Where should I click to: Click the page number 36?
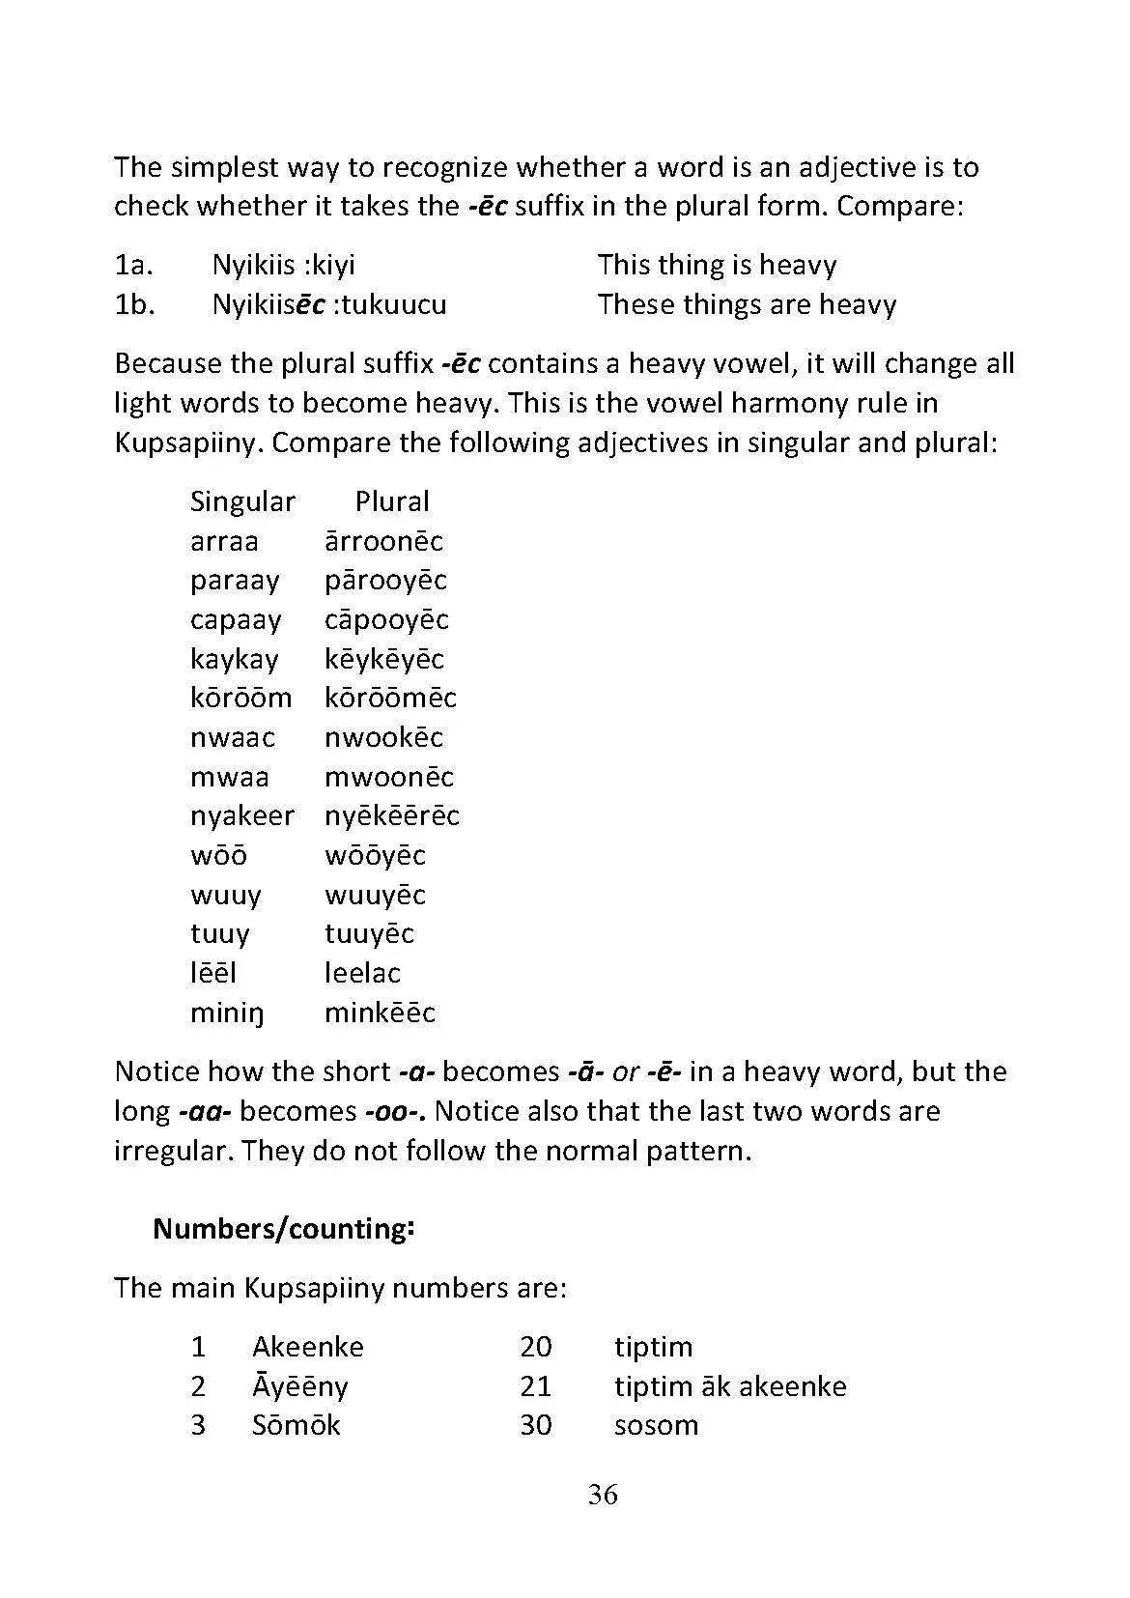tap(603, 1495)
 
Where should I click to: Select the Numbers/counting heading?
tap(284, 1229)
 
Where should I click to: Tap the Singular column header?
tap(242, 501)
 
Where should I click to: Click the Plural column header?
tap(391, 501)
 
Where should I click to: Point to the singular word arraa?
tap(224, 541)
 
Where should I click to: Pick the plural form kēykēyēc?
tap(383, 659)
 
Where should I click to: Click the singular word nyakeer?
tap(241, 816)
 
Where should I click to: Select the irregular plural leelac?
tap(362, 973)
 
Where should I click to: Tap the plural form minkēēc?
tap(380, 1013)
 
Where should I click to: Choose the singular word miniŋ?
tap(227, 1013)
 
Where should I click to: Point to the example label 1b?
tap(134, 304)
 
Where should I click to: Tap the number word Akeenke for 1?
tap(308, 1347)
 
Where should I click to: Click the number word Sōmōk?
tap(296, 1425)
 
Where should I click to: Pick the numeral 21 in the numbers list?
tap(535, 1386)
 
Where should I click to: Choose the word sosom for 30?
tap(656, 1425)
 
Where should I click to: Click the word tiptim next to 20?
tap(653, 1347)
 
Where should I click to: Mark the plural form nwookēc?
tap(383, 738)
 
